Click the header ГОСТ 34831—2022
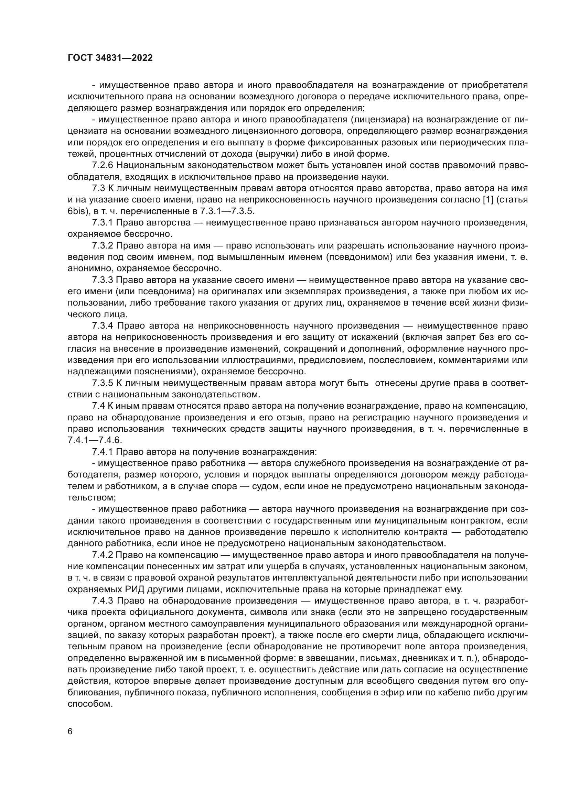110,58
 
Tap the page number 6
70,731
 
